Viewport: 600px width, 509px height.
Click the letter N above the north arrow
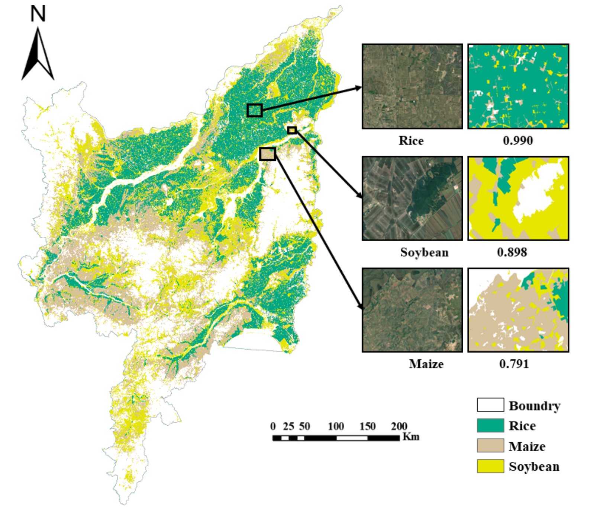point(38,14)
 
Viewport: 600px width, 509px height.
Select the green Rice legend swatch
point(490,425)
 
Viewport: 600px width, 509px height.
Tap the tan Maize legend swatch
point(490,446)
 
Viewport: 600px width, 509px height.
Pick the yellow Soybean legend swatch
point(490,466)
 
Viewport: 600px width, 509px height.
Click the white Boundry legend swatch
point(490,405)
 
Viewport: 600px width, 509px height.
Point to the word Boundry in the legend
point(534,405)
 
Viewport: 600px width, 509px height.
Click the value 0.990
point(518,140)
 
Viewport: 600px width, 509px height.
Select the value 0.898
point(512,252)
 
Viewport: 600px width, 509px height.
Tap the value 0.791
point(514,364)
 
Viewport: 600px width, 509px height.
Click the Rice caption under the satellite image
point(411,140)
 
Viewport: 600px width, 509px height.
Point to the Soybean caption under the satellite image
point(424,252)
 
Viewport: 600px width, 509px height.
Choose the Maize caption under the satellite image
point(426,364)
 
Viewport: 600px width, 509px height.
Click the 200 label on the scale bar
point(399,426)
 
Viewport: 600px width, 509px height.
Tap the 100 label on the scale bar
point(336,426)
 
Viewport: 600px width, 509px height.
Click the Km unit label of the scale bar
point(411,436)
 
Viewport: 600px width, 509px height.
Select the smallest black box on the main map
point(292,130)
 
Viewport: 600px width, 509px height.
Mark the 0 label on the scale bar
point(273,426)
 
